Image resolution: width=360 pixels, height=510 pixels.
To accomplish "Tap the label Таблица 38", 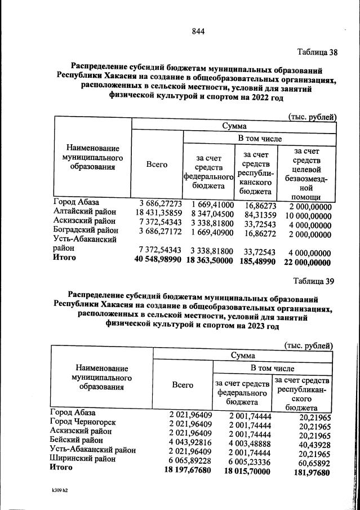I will click(x=317, y=53).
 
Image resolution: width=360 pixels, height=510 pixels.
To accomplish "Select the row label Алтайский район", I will click(x=85, y=211).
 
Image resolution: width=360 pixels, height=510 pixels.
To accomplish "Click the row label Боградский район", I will click(x=86, y=230).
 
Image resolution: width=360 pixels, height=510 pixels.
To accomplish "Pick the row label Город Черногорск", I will click(x=83, y=422).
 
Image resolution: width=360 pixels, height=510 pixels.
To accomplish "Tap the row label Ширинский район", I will click(x=83, y=458).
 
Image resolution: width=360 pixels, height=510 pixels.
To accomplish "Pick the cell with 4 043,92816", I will click(x=183, y=441).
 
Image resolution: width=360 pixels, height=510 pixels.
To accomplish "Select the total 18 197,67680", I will click(x=183, y=468).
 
